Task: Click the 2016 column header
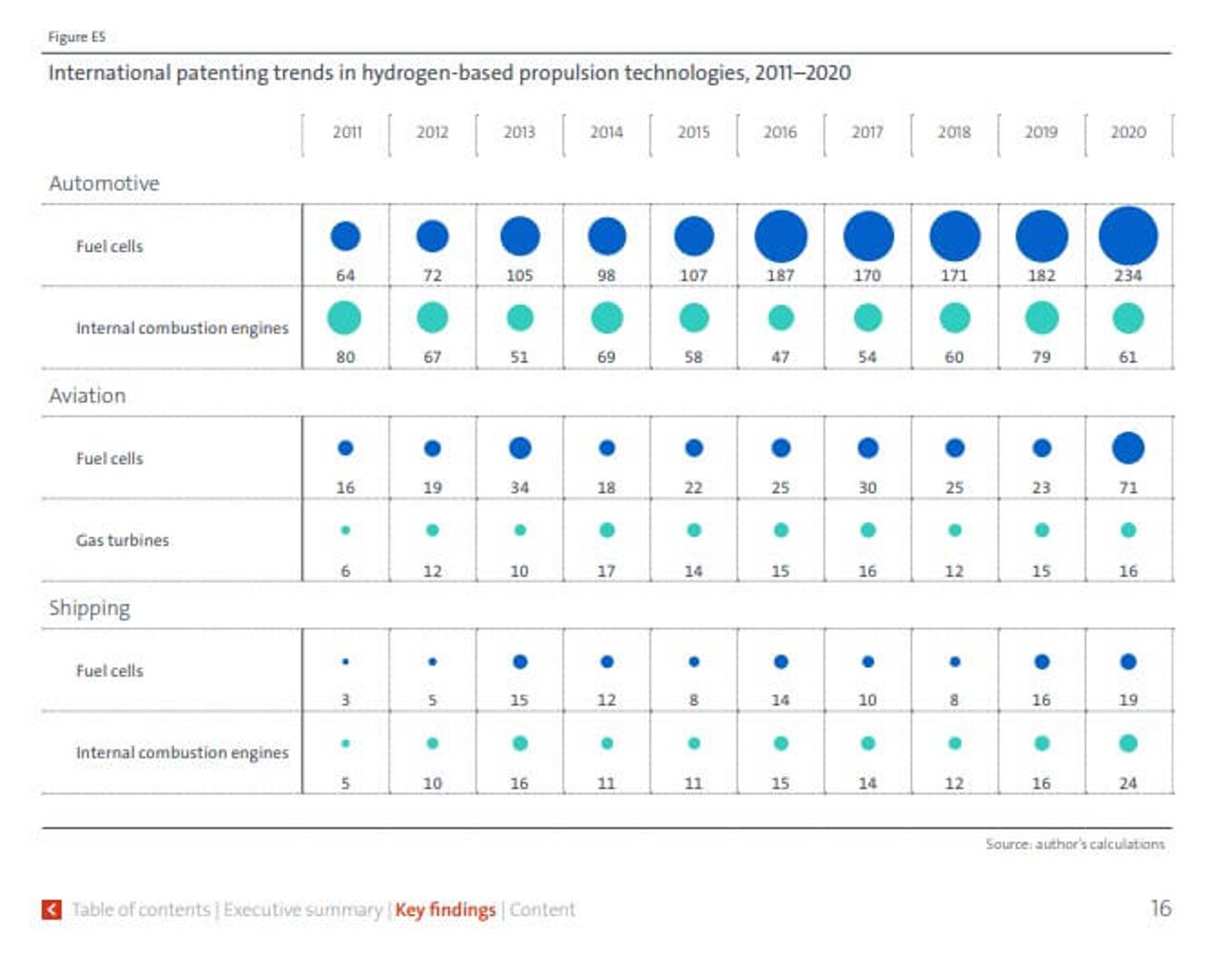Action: [780, 132]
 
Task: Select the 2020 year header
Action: [1128, 132]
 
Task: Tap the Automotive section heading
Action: [104, 183]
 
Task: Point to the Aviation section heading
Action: [87, 395]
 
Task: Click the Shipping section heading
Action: [89, 608]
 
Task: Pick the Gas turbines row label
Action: [122, 540]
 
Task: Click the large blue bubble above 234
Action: [1128, 236]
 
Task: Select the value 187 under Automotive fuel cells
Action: [780, 276]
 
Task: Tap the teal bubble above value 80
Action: [344, 317]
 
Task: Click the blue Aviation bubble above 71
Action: [1128, 448]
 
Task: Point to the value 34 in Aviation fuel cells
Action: [519, 488]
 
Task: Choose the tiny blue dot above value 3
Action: [345, 661]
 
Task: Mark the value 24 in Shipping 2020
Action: [1128, 783]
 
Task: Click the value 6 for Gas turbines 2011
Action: [345, 571]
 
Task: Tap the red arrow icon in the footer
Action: [51, 909]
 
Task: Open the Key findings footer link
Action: [445, 909]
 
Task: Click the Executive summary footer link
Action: [302, 909]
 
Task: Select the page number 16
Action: [1160, 908]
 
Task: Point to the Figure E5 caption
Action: [76, 37]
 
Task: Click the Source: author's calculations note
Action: [1074, 844]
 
